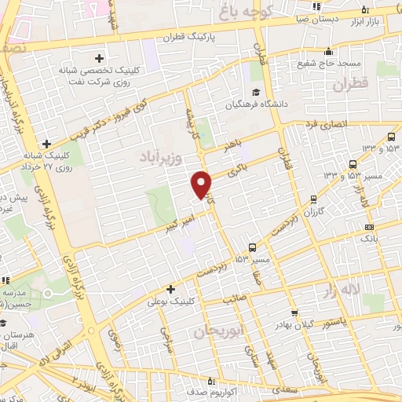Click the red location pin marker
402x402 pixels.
[203, 183]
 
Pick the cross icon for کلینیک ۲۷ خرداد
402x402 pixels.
[47, 144]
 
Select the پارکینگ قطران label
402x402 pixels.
[191, 37]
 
